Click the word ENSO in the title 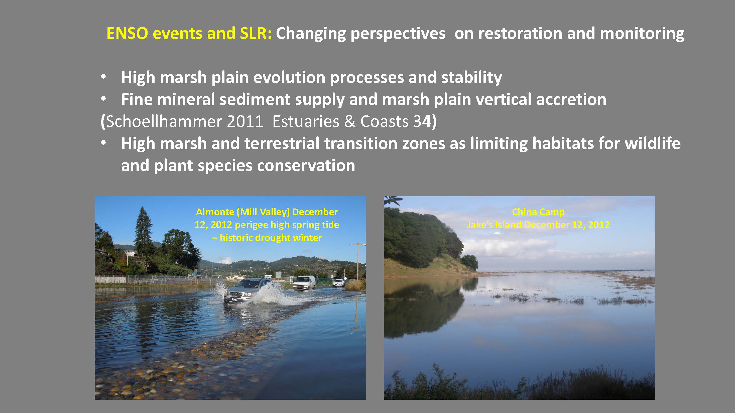pos(127,33)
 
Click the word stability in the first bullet pos(472,78)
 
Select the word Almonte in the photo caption pos(215,212)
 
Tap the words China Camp pos(538,212)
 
